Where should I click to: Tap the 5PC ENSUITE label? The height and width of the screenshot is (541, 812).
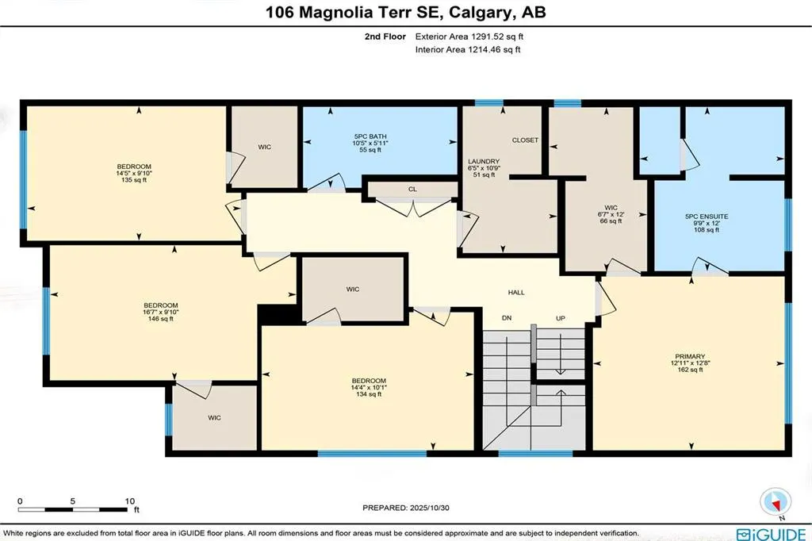706,217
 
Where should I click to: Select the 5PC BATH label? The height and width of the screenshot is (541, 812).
369,136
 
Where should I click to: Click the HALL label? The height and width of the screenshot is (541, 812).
516,293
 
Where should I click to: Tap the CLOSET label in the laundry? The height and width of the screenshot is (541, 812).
525,140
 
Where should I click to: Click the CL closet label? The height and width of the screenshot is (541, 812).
412,190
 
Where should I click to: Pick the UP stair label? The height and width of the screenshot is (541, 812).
560,318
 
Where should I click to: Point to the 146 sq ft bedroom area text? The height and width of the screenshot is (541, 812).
161,319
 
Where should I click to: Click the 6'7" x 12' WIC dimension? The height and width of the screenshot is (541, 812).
611,215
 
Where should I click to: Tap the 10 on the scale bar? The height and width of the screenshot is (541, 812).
130,501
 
